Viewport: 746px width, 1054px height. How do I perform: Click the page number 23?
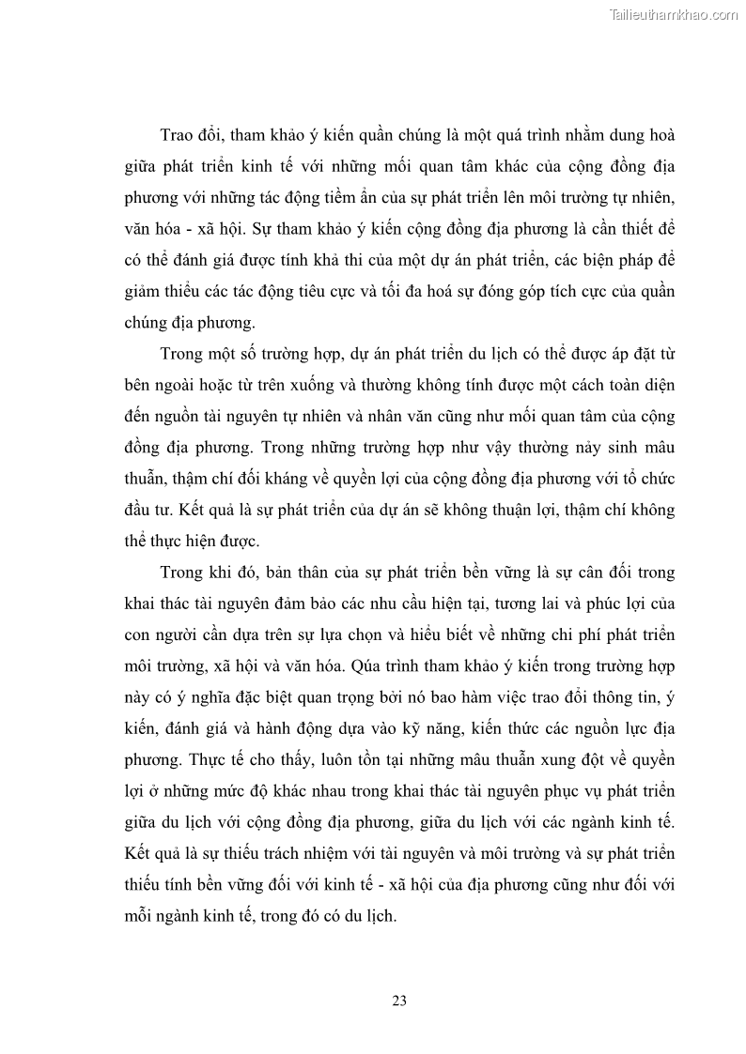pyautogui.click(x=398, y=1001)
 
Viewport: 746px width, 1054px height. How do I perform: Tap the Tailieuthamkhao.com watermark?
pyautogui.click(x=675, y=15)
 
